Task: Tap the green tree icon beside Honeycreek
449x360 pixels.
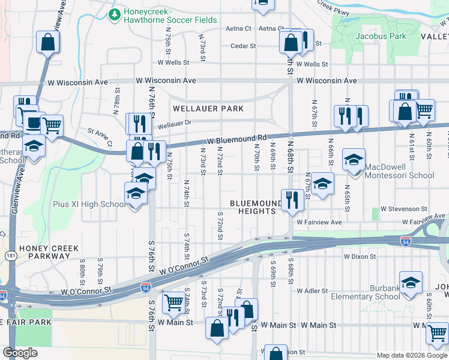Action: coord(113,13)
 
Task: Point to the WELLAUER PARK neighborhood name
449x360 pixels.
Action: coord(208,109)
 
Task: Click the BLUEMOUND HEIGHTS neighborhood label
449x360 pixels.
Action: coord(260,208)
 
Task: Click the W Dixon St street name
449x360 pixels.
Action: coord(360,256)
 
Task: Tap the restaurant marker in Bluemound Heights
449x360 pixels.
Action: coord(292,199)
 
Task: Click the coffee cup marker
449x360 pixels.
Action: coord(31,122)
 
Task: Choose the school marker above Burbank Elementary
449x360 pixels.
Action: coord(411,283)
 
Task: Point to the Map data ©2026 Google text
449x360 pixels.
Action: coord(411,355)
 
